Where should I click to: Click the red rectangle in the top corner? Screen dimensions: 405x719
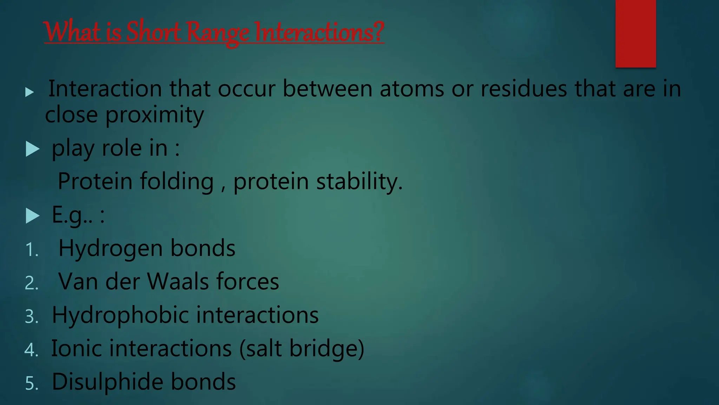[x=635, y=34]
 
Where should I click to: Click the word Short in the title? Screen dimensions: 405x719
[x=153, y=32]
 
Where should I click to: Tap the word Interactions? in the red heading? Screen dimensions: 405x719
[x=319, y=32]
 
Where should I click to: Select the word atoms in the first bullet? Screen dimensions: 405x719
[x=412, y=89]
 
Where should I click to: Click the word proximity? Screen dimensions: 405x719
[x=154, y=115]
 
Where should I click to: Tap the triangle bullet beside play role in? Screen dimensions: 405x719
[x=33, y=149]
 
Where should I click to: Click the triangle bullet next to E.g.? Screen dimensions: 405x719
[x=33, y=216]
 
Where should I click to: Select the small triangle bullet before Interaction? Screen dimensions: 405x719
[x=30, y=92]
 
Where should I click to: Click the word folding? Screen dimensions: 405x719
[x=177, y=181]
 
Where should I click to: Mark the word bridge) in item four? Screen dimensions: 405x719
[x=326, y=348]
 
